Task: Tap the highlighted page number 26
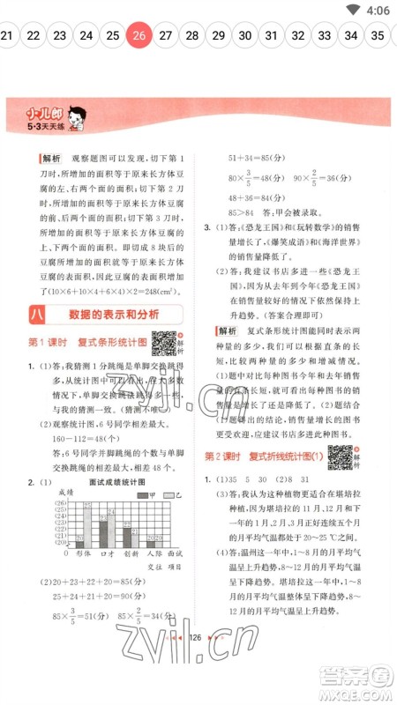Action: pyautogui.click(x=139, y=36)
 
